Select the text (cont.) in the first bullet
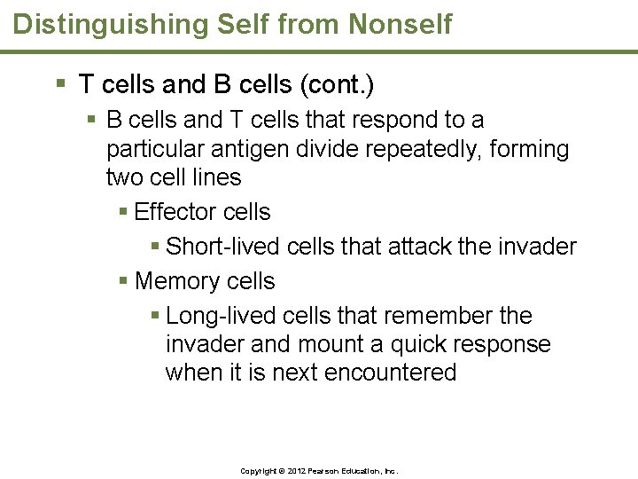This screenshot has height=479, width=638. pyautogui.click(x=338, y=86)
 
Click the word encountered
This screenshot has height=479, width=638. pyautogui.click(x=390, y=373)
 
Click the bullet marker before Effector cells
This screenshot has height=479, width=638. pyautogui.click(x=124, y=212)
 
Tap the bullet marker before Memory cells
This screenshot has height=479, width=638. pyautogui.click(x=124, y=281)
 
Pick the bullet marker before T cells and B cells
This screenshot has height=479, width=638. pyautogui.click(x=60, y=85)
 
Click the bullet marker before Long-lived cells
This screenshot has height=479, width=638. pyautogui.click(x=155, y=316)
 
